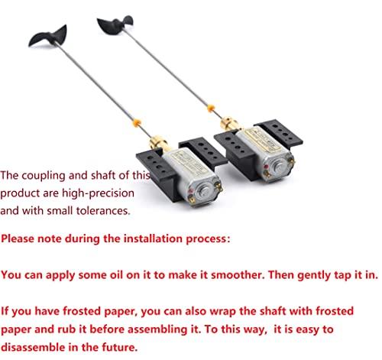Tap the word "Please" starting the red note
(21, 238)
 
